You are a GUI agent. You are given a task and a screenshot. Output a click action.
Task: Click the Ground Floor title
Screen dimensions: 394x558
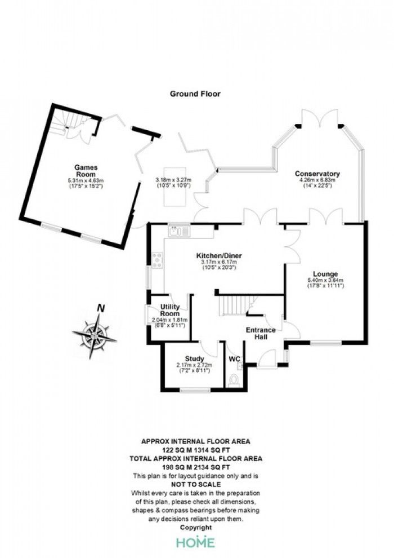coord(195,94)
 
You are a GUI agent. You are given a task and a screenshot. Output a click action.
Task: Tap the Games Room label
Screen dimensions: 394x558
coord(86,171)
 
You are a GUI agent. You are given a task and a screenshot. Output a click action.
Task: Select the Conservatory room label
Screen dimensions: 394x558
coord(317,174)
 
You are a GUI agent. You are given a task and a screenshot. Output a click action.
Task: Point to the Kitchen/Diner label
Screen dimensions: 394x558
coord(219,256)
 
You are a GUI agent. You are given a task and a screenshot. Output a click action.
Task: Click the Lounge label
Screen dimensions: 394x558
coord(325,274)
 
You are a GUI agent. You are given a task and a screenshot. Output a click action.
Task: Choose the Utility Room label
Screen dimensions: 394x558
coord(170,311)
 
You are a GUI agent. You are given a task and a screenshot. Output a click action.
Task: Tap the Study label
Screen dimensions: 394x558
coord(194,358)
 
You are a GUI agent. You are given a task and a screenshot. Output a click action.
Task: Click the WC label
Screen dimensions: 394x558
coord(234,359)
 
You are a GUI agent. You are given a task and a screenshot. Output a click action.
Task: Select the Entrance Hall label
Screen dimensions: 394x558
coord(261,333)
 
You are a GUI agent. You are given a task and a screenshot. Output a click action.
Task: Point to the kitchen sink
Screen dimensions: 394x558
coord(180,231)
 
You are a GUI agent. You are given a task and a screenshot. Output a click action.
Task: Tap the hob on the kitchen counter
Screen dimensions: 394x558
coord(158,260)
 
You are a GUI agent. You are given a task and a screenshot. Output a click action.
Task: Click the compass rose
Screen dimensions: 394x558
coord(95,335)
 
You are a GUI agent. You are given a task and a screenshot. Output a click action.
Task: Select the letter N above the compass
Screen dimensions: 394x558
coord(101,308)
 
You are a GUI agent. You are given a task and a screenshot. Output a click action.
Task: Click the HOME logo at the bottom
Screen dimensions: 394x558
coord(196,542)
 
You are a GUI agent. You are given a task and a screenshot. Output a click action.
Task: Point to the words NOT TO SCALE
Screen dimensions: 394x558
coord(196,484)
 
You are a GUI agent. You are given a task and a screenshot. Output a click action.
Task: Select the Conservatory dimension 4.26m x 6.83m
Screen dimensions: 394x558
coord(317,180)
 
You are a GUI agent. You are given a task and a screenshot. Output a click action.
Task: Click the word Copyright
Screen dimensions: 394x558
coord(196,528)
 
